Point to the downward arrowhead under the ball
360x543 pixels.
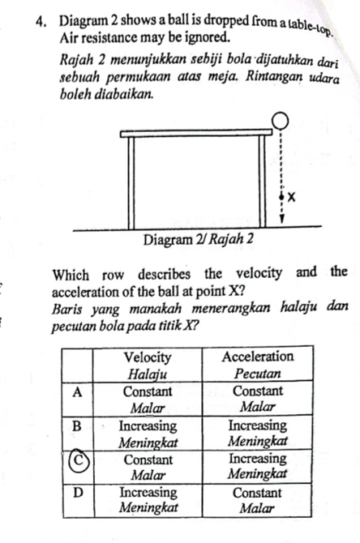282,217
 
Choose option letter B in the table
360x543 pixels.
77,425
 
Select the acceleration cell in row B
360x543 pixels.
257,432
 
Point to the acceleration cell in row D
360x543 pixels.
257,499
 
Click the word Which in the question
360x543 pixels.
71,270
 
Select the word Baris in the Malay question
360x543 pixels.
68,304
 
